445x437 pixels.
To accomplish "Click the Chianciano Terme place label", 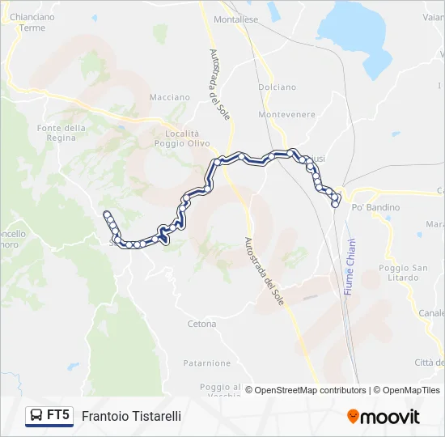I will point(32,21).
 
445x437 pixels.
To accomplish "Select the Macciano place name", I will point(169,97).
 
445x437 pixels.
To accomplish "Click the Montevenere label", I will point(286,115).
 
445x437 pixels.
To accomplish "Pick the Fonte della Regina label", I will point(61,134).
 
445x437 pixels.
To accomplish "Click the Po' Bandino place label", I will point(375,207).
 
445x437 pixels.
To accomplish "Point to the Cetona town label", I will point(201,324).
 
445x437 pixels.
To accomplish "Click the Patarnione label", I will point(207,363).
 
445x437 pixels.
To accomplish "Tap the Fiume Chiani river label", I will point(350,266).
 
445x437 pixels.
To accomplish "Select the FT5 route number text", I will point(57,415).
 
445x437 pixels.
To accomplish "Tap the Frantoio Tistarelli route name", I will point(131,416).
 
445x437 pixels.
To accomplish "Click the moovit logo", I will point(384,417).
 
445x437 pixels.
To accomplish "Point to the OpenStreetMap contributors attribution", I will point(305,390).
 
